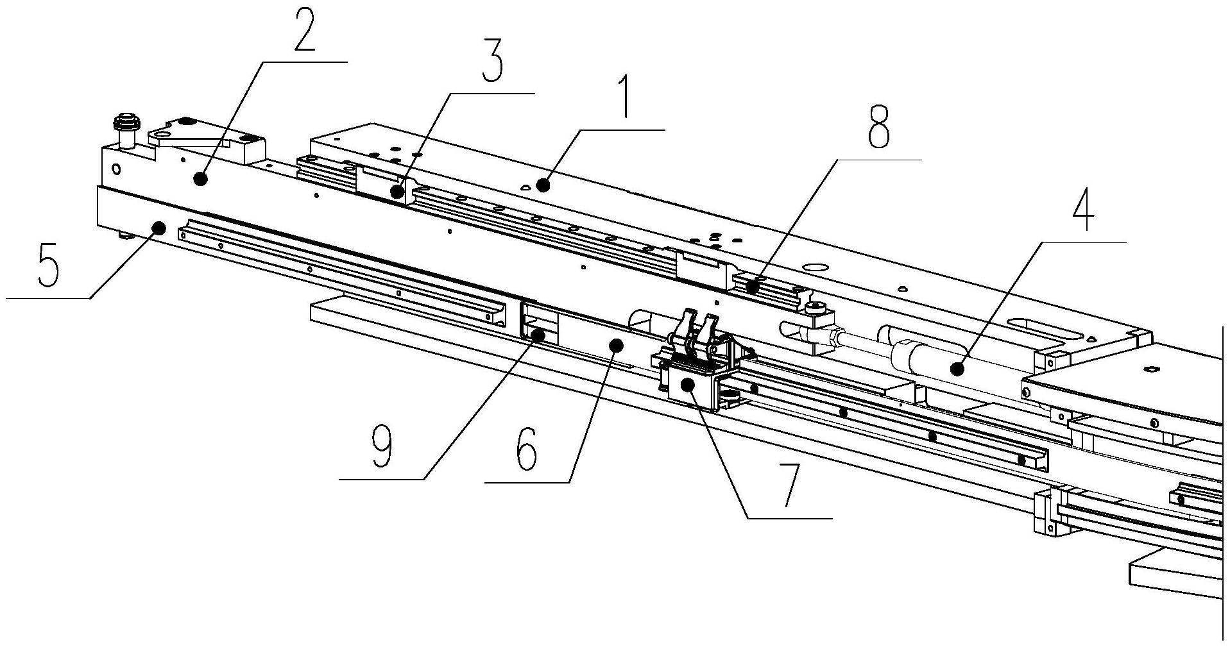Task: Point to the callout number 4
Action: tap(1083, 211)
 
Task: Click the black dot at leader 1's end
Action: tap(543, 186)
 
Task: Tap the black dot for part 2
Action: tap(201, 180)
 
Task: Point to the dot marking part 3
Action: tap(398, 191)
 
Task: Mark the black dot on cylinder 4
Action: tap(957, 369)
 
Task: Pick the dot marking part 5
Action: tap(158, 228)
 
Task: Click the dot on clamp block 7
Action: tap(688, 385)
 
